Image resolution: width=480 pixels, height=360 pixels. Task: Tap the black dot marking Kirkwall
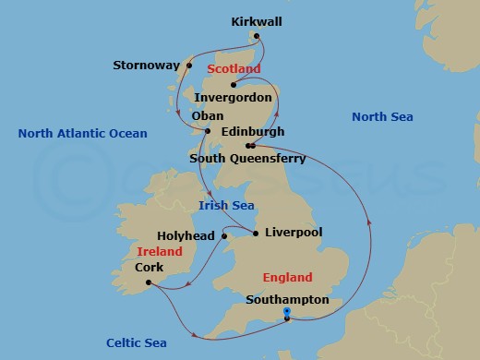click(x=257, y=37)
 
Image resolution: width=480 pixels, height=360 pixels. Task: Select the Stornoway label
click(x=145, y=66)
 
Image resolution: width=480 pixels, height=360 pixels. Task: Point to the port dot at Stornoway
click(x=188, y=66)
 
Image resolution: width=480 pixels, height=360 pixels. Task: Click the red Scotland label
click(x=234, y=69)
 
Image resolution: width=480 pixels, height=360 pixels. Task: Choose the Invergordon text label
click(x=236, y=98)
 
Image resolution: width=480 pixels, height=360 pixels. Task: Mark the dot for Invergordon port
click(x=234, y=85)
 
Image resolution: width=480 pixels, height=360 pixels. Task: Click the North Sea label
click(x=382, y=116)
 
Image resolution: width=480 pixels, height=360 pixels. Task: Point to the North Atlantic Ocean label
click(x=82, y=134)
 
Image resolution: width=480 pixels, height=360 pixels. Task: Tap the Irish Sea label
click(x=227, y=206)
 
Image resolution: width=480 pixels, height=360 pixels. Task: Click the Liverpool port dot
click(x=255, y=233)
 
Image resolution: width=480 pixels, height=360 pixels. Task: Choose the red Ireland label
click(x=159, y=251)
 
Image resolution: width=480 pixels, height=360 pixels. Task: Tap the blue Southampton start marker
click(x=287, y=313)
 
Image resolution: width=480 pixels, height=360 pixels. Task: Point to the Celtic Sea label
click(x=136, y=342)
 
